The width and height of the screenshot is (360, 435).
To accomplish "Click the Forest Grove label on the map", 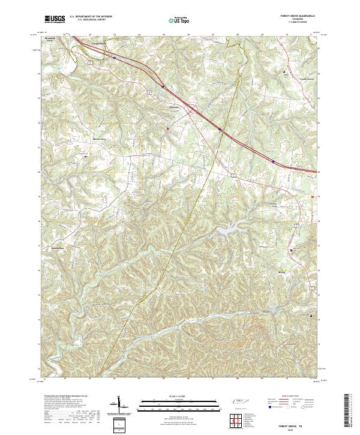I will click(x=307, y=79).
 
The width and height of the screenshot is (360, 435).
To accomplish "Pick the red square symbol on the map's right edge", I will click(x=313, y=196).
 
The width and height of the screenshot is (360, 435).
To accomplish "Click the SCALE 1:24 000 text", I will click(x=174, y=397).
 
